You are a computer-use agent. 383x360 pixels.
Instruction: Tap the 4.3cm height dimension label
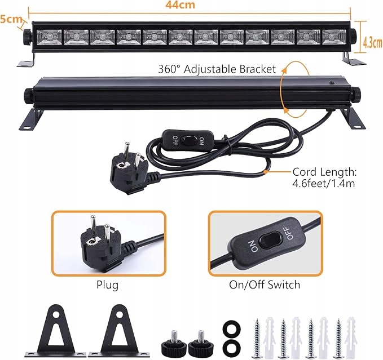[x=371, y=42]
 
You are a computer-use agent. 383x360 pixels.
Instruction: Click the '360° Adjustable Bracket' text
[x=217, y=69]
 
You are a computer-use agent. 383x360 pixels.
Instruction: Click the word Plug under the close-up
[x=107, y=285]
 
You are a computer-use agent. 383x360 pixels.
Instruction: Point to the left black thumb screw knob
[x=171, y=341]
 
